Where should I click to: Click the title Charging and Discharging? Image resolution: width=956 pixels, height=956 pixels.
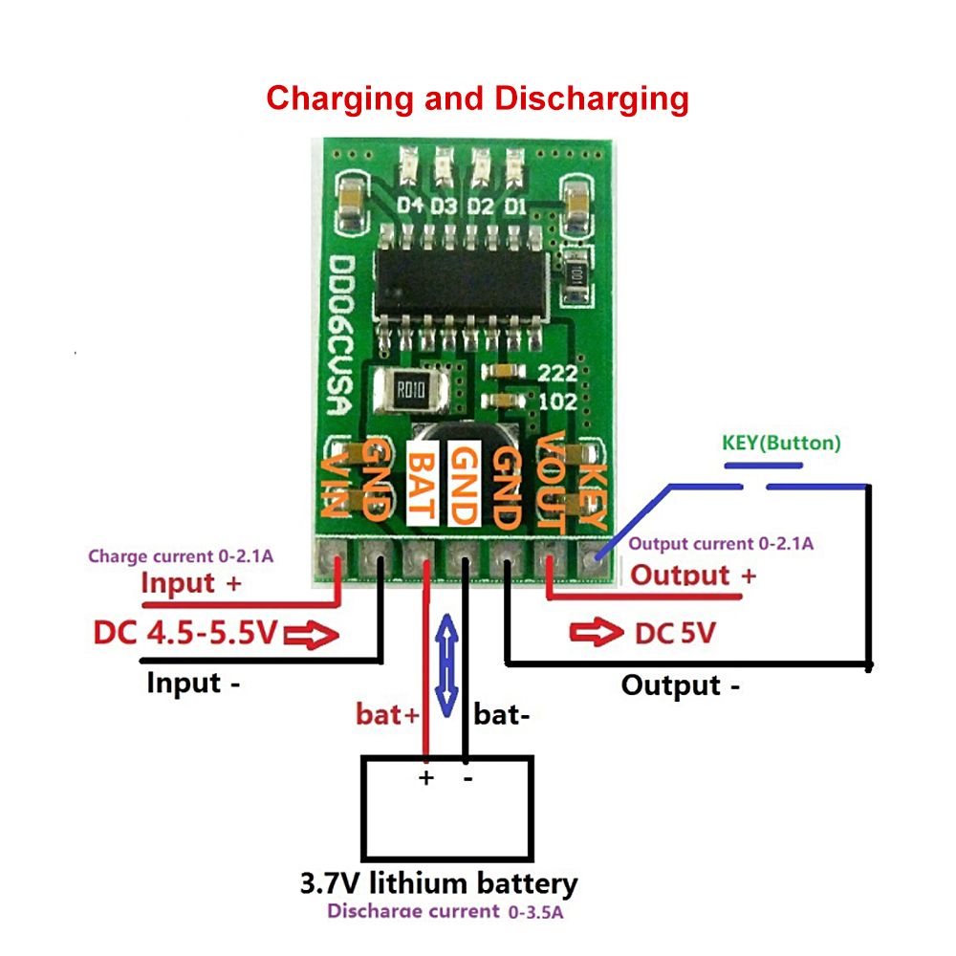point(477,98)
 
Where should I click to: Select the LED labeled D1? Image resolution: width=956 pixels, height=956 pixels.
point(515,167)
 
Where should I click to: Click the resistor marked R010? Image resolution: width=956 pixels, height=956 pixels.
point(408,389)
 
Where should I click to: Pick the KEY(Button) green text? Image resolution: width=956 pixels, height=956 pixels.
point(781,444)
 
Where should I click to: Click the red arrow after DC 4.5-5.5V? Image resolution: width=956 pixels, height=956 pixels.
point(316,635)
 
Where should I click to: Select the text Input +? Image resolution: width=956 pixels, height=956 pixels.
point(191,583)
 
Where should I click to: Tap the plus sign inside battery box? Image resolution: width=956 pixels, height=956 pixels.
point(426,778)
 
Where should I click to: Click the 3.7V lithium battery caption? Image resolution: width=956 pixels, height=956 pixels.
point(438,882)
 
